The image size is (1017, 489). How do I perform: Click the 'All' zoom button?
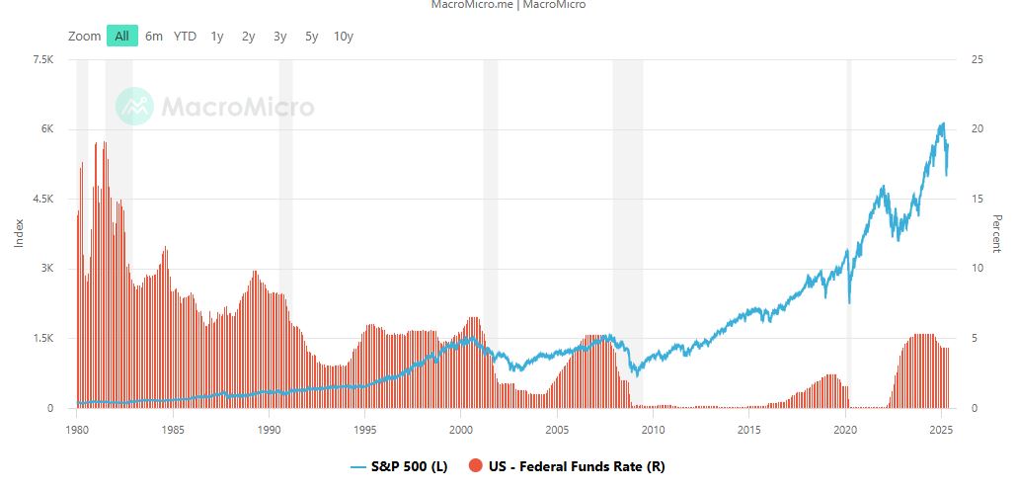[122, 37]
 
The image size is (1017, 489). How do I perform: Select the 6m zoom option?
[154, 37]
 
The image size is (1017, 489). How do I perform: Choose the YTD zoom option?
[185, 37]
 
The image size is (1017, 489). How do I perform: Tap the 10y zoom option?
[344, 37]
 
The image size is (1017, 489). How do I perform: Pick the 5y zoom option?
[312, 37]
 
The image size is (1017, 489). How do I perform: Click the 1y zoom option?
[217, 37]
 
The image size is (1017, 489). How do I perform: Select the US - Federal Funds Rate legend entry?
[574, 465]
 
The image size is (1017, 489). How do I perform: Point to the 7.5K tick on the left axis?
[42, 60]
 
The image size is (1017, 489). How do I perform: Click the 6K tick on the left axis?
[45, 129]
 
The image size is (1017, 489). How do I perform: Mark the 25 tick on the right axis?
[978, 60]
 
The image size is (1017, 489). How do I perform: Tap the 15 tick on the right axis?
[978, 200]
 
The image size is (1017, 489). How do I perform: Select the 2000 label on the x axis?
[461, 430]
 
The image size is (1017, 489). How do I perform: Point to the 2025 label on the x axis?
[941, 430]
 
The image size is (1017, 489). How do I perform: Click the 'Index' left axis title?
[19, 234]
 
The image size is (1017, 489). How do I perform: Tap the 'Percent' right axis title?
[997, 234]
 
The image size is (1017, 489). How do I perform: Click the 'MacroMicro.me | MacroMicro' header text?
[508, 5]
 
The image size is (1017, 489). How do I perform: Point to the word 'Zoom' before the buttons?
[85, 37]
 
